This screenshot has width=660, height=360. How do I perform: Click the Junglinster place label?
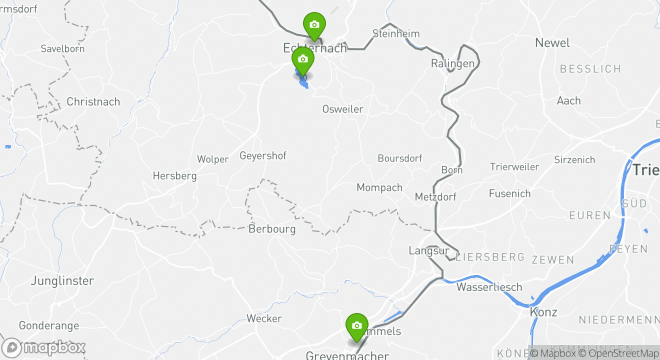62,281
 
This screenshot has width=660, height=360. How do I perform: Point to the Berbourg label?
272,229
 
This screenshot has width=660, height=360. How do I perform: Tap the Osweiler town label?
342,109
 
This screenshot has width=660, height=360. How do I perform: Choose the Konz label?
543,312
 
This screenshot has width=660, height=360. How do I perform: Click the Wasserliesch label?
489,287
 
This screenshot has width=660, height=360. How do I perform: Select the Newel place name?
552,43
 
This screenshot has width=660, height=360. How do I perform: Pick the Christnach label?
93,102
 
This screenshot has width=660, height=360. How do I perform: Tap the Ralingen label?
452,64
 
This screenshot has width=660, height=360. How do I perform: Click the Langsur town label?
428,251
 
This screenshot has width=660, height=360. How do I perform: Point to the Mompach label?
379,188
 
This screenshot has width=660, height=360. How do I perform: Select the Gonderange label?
49,326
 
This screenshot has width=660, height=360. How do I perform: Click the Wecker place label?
264,318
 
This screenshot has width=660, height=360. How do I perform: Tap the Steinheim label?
396,34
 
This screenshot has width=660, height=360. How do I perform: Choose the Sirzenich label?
574,160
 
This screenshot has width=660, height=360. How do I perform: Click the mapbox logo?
44,348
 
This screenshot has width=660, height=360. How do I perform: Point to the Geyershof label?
263,156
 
